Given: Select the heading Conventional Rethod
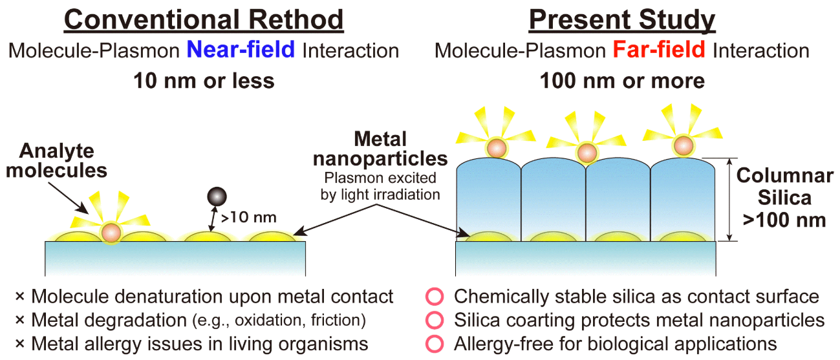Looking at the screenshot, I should (x=204, y=20).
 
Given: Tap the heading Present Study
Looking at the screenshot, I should (x=623, y=20).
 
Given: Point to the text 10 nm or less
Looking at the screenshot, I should (x=204, y=81).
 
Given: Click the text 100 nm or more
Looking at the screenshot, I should (x=622, y=81).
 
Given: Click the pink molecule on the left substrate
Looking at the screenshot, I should (x=111, y=231).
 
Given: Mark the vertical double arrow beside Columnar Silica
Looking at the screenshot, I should (x=729, y=198).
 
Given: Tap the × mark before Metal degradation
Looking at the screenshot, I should (x=20, y=321).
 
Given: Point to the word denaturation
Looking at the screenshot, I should (x=160, y=297).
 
